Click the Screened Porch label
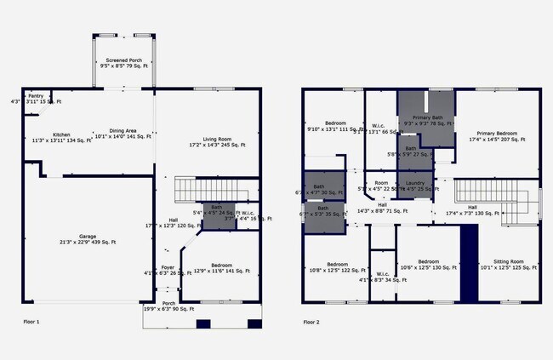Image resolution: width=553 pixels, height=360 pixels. tap(123, 61)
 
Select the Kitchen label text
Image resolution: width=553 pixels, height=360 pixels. tap(61, 137)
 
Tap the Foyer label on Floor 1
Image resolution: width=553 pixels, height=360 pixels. tap(168, 270)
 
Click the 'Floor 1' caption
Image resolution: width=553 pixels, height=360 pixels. tap(31, 323)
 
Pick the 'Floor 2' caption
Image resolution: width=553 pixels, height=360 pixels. tap(312, 323)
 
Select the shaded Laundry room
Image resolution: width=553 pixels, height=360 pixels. tap(415, 185)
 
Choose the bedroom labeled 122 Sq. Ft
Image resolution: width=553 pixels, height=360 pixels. tap(337, 266)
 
